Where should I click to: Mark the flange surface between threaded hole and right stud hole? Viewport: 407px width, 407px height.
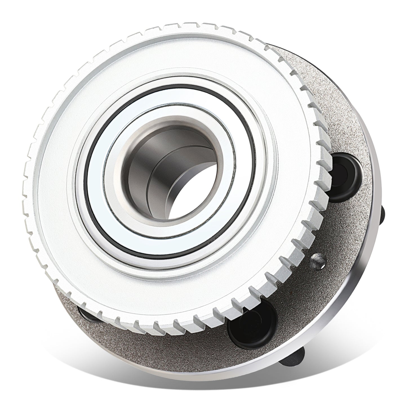(338, 225)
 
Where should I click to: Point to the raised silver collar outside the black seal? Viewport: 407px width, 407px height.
(79, 146)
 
